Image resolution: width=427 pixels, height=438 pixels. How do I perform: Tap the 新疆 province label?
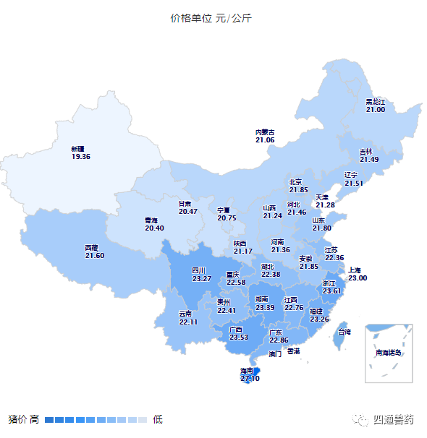coord(80,147)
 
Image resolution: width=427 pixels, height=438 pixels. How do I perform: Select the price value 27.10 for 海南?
coord(250,378)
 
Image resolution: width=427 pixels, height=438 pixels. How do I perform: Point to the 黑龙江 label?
coord(375,102)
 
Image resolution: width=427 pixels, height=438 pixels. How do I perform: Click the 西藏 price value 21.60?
coord(94,255)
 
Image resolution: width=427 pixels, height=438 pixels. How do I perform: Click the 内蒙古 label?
coord(265,132)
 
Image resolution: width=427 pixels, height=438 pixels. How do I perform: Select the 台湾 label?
coord(344,332)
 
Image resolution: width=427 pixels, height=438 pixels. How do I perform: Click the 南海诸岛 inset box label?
coord(388,353)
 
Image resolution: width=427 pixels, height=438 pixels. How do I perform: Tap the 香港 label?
coord(293,351)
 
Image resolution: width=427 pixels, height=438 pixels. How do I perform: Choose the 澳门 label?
coord(275,354)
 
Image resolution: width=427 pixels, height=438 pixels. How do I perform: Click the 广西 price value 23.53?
coord(238,337)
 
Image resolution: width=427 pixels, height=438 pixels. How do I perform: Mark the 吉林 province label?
coord(366,152)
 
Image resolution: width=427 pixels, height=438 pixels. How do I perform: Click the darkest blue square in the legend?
coord(49,419)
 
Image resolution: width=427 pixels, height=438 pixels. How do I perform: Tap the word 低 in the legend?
coord(158,419)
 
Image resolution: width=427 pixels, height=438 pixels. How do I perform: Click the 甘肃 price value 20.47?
coord(187,211)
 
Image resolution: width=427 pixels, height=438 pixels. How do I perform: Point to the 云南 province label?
coord(185,314)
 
